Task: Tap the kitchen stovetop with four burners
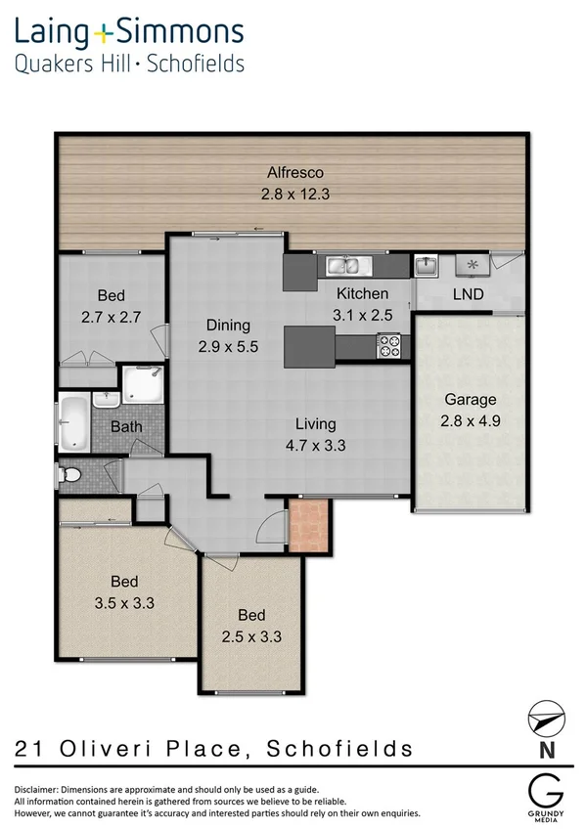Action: [x=389, y=345]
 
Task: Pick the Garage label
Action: [x=471, y=399]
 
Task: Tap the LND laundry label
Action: [x=466, y=293]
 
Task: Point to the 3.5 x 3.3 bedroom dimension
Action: [x=123, y=603]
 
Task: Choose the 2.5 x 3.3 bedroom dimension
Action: [x=251, y=634]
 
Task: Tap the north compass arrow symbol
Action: [x=544, y=717]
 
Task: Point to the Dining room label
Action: [x=228, y=326]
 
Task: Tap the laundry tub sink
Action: [x=427, y=265]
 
